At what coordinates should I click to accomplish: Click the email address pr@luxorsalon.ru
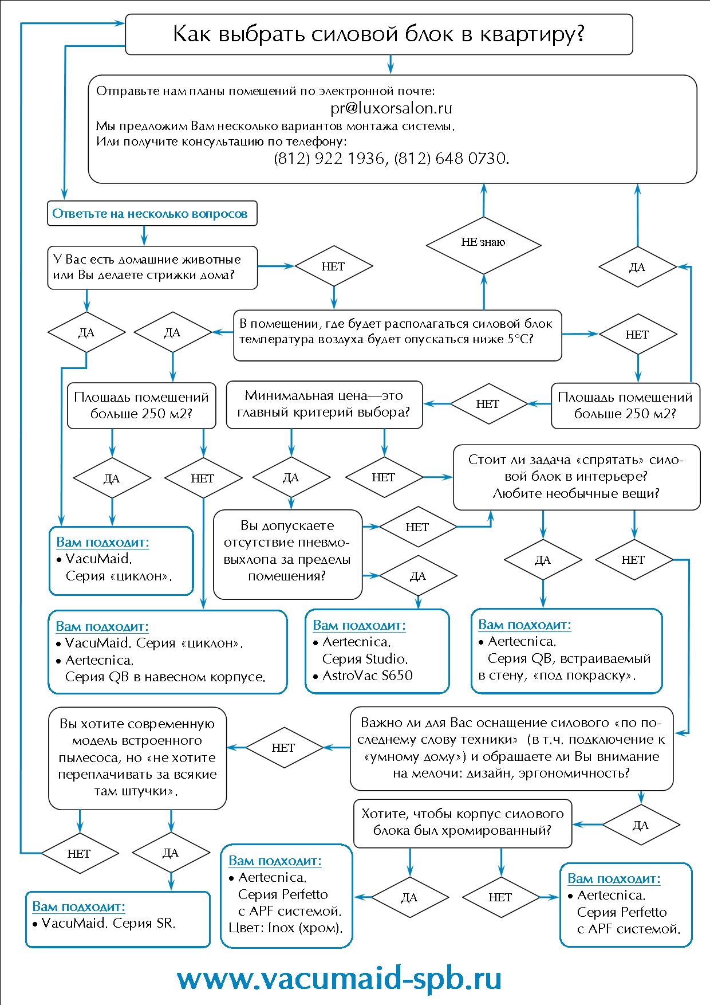pyautogui.click(x=391, y=108)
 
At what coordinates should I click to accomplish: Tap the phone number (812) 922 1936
pyautogui.click(x=329, y=158)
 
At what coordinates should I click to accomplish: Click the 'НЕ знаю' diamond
pyautogui.click(x=483, y=242)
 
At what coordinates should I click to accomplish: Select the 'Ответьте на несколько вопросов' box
pyautogui.click(x=150, y=214)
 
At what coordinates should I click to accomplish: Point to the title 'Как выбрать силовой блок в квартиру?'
pyautogui.click(x=378, y=34)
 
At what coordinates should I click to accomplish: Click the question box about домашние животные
pyautogui.click(x=152, y=267)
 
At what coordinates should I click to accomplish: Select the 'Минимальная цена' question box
pyautogui.click(x=324, y=404)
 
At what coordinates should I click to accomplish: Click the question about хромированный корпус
pyautogui.click(x=462, y=822)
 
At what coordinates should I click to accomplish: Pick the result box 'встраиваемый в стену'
pyautogui.click(x=566, y=651)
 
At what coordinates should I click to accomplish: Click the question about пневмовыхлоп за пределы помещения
pyautogui.click(x=287, y=551)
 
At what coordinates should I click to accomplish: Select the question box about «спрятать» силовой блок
pyautogui.click(x=576, y=477)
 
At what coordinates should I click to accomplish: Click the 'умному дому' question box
pyautogui.click(x=511, y=748)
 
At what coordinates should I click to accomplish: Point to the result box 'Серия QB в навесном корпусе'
pyautogui.click(x=167, y=652)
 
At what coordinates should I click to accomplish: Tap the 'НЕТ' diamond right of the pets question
pyautogui.click(x=333, y=266)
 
